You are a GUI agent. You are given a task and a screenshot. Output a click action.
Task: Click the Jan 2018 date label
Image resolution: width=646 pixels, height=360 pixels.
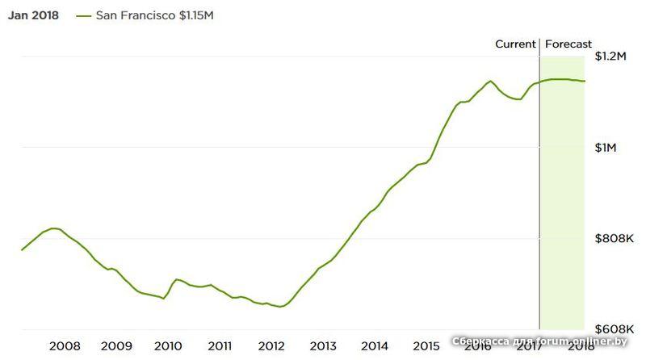[33, 15]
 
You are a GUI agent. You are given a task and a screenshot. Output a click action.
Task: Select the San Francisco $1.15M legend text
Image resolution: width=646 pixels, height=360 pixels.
[154, 15]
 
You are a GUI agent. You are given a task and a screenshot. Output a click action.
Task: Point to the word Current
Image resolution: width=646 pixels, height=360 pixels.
[515, 44]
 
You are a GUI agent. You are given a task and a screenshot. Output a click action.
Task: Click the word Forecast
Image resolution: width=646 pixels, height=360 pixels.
[568, 44]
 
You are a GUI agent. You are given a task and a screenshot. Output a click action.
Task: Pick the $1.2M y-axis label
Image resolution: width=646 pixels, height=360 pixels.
[610, 57]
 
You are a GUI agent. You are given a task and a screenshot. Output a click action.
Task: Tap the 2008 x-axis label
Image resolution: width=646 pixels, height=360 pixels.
[65, 346]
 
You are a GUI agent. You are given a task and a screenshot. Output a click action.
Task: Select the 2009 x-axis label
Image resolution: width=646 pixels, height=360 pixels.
[116, 346]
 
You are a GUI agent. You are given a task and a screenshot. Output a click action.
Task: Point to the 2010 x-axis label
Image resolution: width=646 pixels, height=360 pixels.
[168, 346]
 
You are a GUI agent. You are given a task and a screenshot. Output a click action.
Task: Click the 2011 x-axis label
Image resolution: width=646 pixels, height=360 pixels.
[220, 346]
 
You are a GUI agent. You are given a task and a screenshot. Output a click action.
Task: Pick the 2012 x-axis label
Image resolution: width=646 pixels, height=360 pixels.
[271, 346]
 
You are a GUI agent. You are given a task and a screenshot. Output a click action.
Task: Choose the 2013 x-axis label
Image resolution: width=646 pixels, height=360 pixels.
[323, 346]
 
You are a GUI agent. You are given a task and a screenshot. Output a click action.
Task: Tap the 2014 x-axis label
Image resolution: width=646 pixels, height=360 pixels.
[375, 346]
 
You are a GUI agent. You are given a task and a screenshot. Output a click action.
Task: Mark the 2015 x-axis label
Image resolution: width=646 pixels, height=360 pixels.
[426, 346]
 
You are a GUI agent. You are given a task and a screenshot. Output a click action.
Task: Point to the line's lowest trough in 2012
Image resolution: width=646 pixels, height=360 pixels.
[279, 307]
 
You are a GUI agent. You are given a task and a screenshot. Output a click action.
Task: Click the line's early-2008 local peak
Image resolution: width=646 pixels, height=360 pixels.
[53, 228]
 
